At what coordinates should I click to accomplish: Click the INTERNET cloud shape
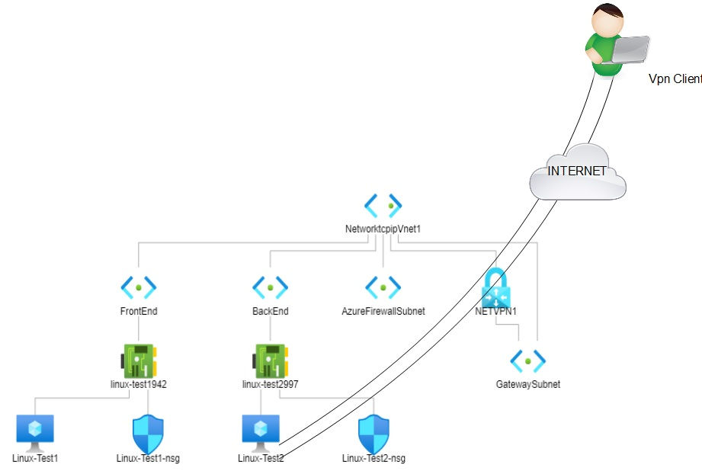click(x=577, y=172)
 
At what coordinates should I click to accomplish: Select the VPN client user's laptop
click(x=628, y=50)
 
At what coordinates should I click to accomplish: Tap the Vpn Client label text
click(x=675, y=78)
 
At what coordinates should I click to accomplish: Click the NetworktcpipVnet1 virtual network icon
click(x=383, y=205)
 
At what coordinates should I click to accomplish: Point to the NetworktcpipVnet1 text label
click(x=383, y=229)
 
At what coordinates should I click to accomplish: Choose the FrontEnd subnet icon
click(x=139, y=287)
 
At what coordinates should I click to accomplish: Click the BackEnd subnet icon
click(x=270, y=287)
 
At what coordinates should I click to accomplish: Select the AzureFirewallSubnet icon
click(x=383, y=287)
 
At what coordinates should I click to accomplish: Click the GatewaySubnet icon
click(x=527, y=360)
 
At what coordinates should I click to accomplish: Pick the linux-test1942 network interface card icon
click(x=139, y=359)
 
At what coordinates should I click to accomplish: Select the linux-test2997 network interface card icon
click(x=270, y=359)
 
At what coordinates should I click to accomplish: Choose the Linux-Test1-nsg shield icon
click(x=148, y=434)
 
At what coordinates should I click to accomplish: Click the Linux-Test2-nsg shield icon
click(x=373, y=434)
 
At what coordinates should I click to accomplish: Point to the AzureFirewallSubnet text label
click(x=383, y=311)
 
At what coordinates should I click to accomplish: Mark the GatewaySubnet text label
click(x=527, y=384)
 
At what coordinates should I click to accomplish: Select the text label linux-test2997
click(x=270, y=384)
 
